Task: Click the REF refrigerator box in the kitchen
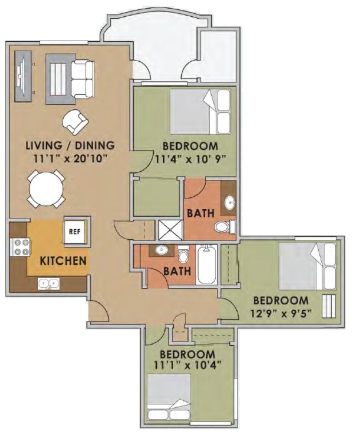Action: [74, 232]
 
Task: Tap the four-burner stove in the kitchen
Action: [21, 247]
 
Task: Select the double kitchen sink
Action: [47, 284]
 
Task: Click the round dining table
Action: [46, 187]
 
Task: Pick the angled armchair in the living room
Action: [75, 121]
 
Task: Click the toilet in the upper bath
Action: [221, 227]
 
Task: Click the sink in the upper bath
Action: [230, 202]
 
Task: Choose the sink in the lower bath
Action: [161, 250]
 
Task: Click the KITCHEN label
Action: [63, 260]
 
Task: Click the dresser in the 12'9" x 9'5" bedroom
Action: [329, 306]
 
